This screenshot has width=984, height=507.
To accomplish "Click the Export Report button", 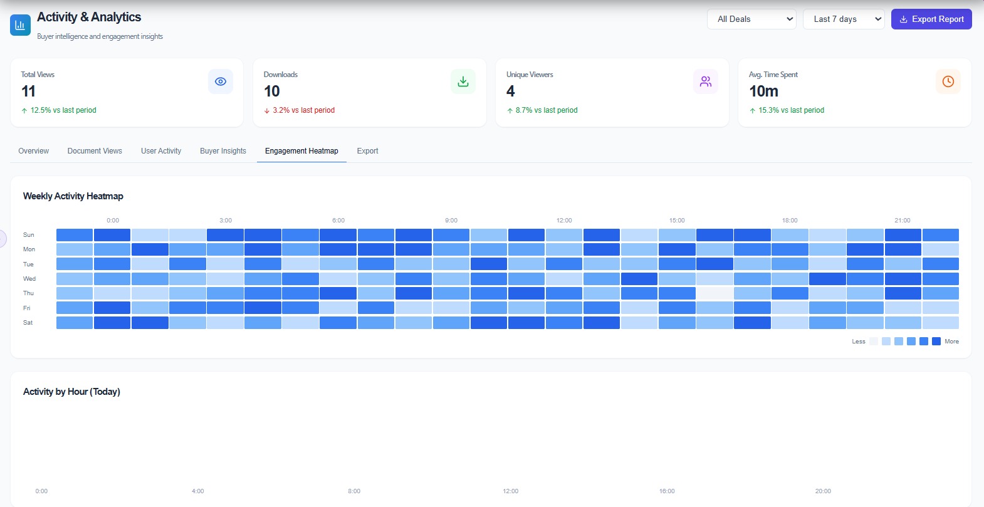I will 931,19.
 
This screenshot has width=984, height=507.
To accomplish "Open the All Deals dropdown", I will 751,19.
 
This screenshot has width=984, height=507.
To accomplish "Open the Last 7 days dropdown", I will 844,19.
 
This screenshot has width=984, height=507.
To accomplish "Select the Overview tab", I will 33,151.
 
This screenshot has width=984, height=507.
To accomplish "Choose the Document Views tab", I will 95,151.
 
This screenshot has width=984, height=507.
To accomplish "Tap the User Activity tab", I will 161,151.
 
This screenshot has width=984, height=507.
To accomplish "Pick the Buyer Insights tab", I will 223,151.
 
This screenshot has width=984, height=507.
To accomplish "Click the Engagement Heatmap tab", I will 301,151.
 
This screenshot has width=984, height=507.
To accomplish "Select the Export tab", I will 367,151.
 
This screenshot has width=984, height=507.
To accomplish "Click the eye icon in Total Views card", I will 221,81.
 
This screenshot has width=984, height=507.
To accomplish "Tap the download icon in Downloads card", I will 463,81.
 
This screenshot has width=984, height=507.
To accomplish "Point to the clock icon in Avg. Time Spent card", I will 948,81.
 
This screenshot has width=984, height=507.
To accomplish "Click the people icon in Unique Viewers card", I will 706,81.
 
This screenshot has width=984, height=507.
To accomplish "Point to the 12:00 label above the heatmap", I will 564,221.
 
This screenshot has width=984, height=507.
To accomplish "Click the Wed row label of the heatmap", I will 29,279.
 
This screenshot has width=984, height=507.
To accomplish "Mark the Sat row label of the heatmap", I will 28,323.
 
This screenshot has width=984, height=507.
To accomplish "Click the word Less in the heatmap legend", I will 859,342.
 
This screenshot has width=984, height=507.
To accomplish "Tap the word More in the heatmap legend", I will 951,342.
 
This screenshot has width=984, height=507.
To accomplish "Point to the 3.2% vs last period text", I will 303,110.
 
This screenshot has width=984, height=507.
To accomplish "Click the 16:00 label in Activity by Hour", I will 667,491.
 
